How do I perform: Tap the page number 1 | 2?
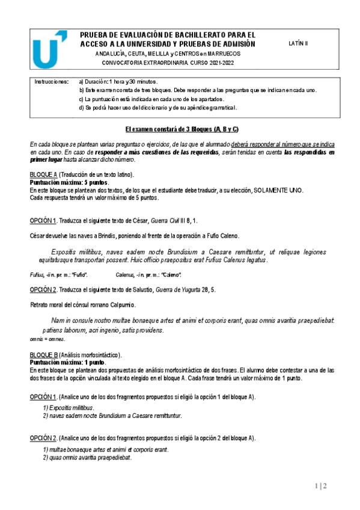(320, 486)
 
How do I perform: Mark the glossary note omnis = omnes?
(47, 340)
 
